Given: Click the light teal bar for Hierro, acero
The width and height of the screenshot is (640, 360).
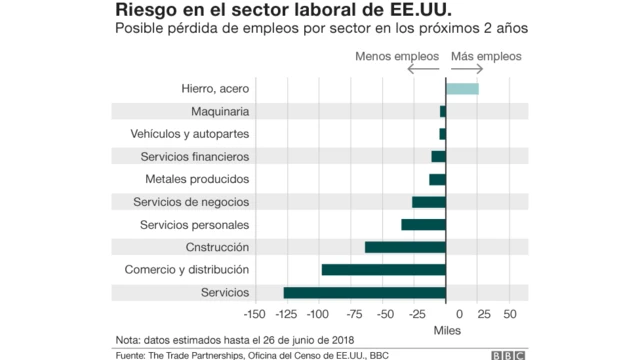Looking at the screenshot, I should tap(462, 89).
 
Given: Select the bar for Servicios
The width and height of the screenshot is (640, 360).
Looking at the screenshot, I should tap(364, 292).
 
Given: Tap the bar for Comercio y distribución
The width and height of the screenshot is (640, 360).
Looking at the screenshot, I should tap(383, 269).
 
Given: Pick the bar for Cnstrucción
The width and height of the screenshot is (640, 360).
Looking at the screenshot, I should tap(405, 247).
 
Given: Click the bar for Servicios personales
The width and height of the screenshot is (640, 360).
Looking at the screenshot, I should tap(423, 224).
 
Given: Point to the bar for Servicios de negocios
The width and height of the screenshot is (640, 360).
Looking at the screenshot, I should tap(428, 202).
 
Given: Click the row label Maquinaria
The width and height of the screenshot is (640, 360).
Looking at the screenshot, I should tap(213, 111).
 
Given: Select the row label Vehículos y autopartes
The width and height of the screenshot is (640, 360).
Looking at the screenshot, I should tap(190, 134).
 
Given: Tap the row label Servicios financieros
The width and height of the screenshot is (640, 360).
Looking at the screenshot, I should tap(195, 157).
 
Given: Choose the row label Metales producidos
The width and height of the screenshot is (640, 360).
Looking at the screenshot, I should tap(197, 179).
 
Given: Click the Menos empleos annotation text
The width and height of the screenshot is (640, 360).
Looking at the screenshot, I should tap(397, 57).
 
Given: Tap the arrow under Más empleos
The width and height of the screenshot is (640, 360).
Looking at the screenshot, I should tap(467, 70).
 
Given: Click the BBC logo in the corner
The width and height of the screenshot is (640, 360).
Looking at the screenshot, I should tap(512, 354).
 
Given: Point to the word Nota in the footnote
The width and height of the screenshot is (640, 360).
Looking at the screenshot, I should tap(128, 339).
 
